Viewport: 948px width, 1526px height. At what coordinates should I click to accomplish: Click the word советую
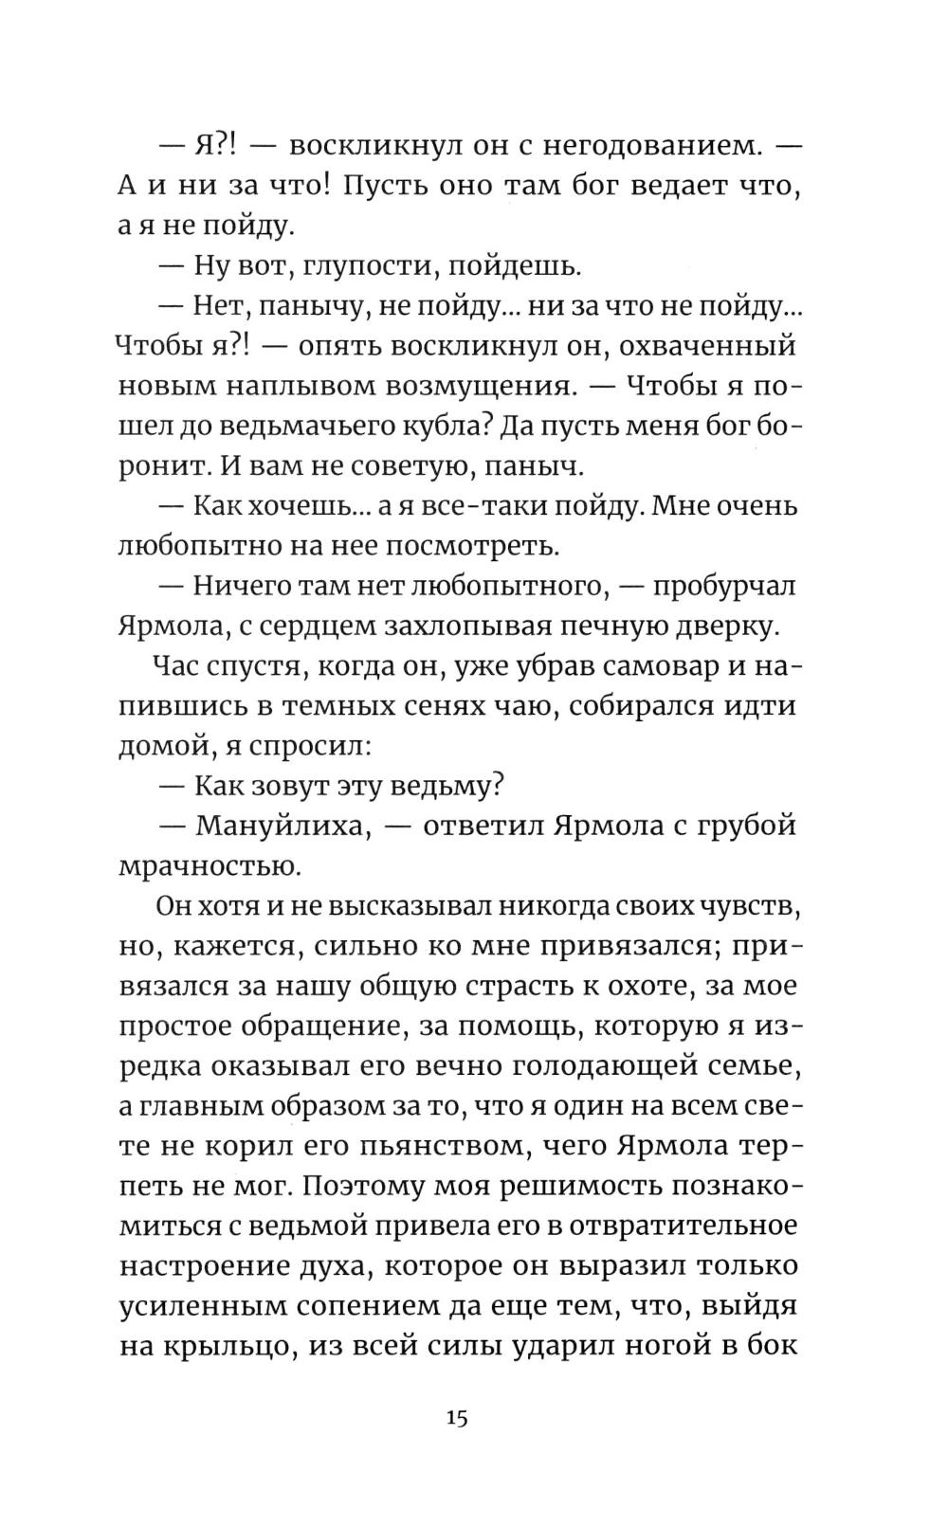pos(382,466)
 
